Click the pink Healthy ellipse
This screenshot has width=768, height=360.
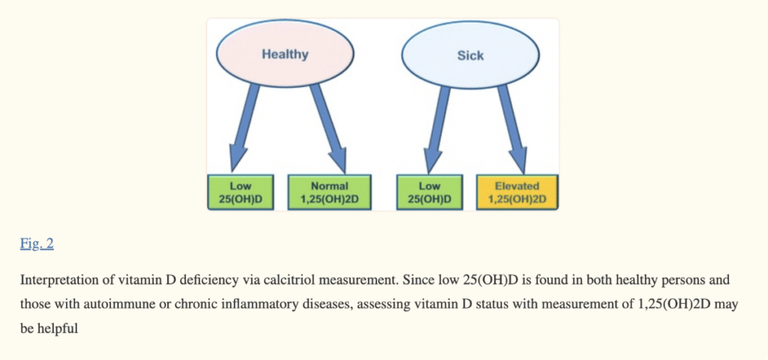285,54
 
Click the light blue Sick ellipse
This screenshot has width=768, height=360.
470,55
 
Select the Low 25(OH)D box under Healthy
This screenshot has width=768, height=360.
241,192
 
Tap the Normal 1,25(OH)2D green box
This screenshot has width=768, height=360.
329,192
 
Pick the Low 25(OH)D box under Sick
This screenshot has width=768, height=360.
430,192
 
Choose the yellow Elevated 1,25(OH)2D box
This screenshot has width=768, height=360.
517,192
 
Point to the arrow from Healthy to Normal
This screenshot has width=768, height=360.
329,128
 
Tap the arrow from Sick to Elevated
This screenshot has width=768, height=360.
512,130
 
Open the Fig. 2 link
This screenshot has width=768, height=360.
37,244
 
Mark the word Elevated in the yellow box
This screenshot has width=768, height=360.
517,186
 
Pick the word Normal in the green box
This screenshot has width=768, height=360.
329,186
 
